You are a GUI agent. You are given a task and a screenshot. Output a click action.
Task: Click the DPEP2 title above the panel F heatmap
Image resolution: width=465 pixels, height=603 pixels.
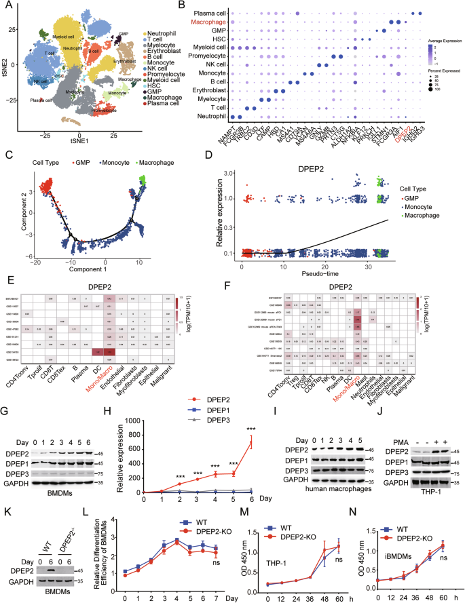point(343,268)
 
